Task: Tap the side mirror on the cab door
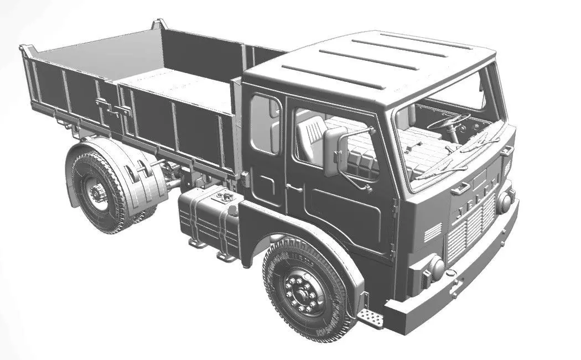335,152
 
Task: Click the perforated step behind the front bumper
370,317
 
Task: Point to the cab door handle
294,188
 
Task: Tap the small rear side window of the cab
265,124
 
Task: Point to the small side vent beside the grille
433,232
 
